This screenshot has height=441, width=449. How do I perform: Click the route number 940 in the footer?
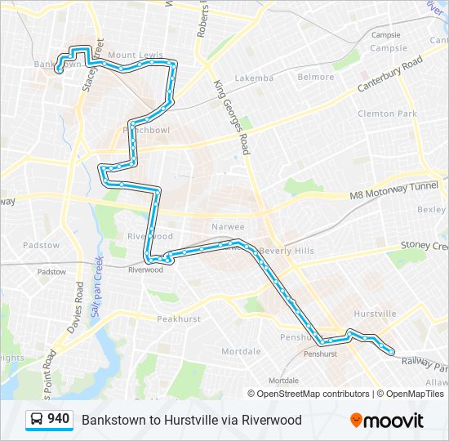coord(58,420)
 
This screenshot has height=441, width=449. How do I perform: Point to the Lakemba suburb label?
coord(254,78)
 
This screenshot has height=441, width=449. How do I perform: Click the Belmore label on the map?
coord(315,78)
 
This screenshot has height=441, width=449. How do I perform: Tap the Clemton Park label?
coord(387,114)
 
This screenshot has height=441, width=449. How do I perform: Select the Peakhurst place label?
coord(178,318)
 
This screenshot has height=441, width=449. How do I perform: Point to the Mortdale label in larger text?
coord(241,351)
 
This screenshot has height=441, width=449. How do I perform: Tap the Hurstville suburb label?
coord(375,314)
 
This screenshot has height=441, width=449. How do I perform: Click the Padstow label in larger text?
coord(42,245)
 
